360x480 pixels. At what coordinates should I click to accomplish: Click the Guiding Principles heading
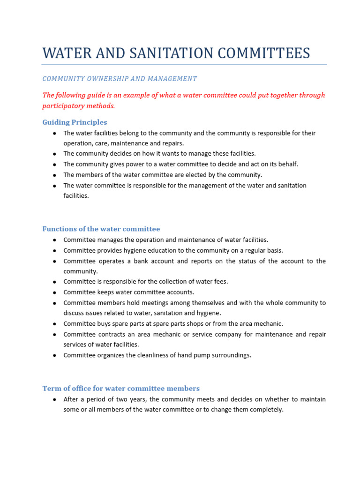(x=75, y=122)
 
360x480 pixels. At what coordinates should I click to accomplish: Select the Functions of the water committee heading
(x=101, y=229)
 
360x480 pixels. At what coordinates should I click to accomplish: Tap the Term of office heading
(x=121, y=388)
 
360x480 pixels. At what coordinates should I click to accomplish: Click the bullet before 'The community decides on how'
(x=55, y=154)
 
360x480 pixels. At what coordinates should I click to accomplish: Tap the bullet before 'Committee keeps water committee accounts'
(x=55, y=292)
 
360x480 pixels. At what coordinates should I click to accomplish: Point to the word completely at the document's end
(x=267, y=409)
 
